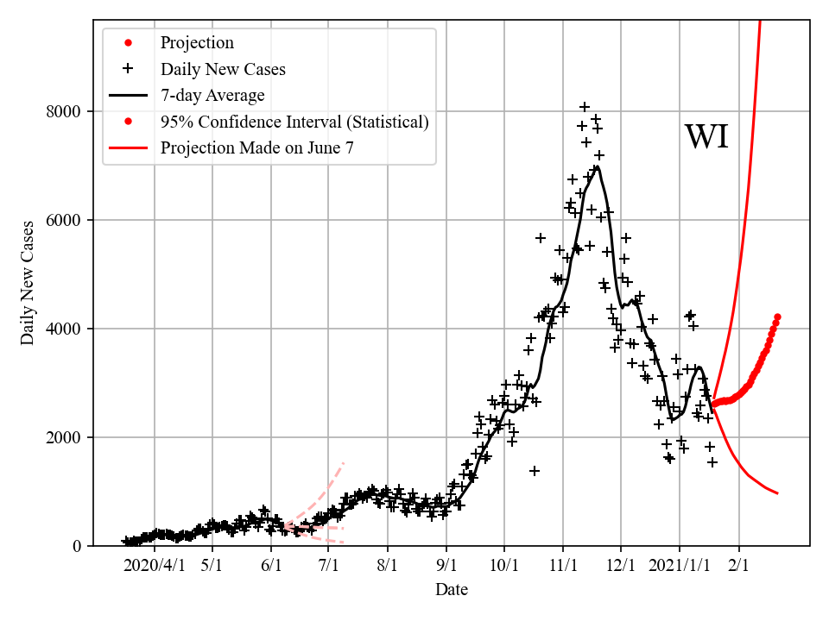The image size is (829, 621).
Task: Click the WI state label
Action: click(x=706, y=137)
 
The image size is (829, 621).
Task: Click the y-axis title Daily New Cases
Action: click(x=28, y=283)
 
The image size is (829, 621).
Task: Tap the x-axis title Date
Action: click(x=452, y=590)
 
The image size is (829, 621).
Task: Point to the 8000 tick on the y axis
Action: click(x=63, y=111)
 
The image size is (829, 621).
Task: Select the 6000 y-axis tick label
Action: click(x=63, y=220)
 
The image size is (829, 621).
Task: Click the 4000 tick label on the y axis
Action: click(x=63, y=329)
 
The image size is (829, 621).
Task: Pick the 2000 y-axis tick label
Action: click(x=63, y=437)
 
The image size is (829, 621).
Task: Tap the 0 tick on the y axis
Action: click(x=77, y=546)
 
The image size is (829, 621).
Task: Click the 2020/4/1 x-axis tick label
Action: click(x=154, y=565)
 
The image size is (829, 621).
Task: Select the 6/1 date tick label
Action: click(x=271, y=565)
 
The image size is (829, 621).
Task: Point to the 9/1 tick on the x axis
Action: click(x=446, y=565)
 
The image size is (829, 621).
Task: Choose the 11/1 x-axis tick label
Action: click(x=563, y=565)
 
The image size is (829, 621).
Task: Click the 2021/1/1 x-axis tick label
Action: click(x=680, y=565)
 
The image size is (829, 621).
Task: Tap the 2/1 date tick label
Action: click(x=738, y=565)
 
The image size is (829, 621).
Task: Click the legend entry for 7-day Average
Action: click(x=212, y=95)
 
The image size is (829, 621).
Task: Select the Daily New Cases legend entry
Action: click(x=223, y=69)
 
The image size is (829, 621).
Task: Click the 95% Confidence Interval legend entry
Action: click(x=294, y=122)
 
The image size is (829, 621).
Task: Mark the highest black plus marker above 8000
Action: click(x=585, y=107)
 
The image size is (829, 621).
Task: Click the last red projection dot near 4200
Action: click(x=777, y=317)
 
